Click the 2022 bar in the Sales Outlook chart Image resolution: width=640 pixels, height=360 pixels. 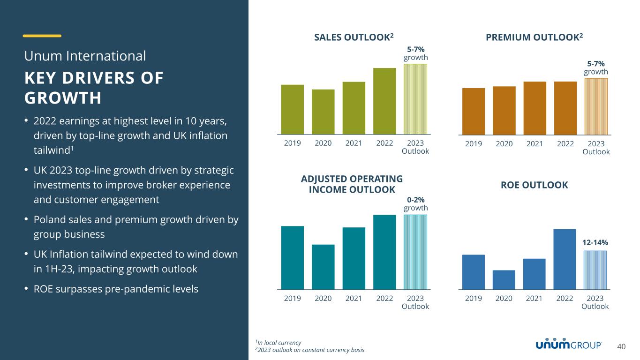384,101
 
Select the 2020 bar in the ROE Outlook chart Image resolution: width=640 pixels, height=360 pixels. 504,280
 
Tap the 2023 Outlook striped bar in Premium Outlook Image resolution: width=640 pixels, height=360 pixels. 596,106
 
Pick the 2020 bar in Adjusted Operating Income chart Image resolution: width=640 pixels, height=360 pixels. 323,267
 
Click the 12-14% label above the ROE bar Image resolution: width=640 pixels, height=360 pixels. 595,242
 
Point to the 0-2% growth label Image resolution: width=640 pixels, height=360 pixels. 415,204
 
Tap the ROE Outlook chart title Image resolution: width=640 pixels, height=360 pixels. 534,185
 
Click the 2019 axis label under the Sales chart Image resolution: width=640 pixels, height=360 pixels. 293,143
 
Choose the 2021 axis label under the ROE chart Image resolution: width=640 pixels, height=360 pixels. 535,298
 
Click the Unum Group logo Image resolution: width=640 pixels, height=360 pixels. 569,345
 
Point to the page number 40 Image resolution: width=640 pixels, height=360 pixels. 621,347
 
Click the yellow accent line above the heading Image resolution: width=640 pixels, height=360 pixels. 42,36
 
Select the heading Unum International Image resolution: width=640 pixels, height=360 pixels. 85,56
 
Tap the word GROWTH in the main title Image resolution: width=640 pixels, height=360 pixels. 63,98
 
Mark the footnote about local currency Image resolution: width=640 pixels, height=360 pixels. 278,342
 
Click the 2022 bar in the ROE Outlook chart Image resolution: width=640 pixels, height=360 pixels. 565,259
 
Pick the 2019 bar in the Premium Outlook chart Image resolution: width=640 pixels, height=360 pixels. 474,112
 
